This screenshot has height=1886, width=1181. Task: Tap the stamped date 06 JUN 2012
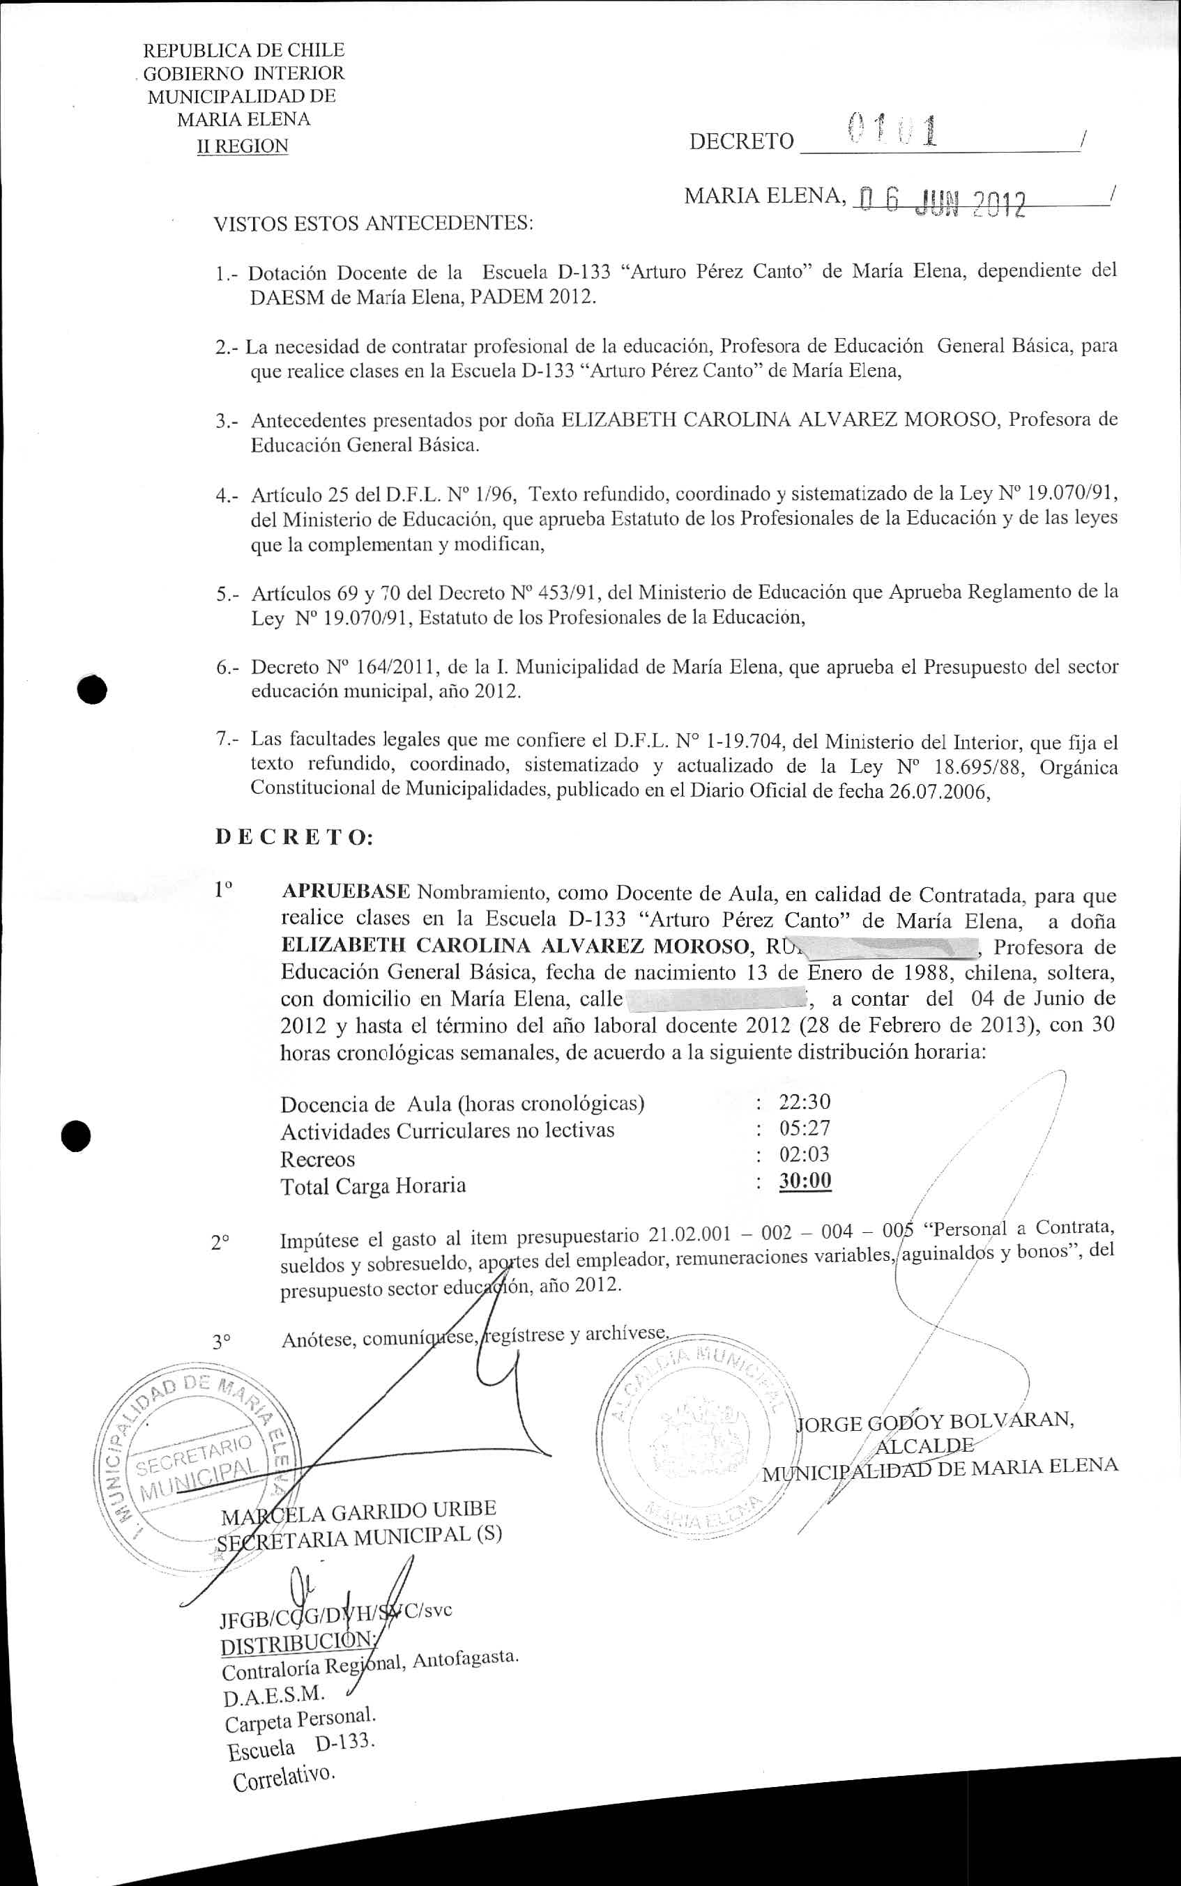940,202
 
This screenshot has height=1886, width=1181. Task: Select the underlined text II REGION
243,146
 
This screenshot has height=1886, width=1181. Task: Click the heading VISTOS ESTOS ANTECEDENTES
374,224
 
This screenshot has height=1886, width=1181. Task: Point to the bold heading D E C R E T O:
294,838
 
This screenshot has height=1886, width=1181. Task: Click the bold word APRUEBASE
345,891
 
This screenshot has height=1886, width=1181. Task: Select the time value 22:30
805,1102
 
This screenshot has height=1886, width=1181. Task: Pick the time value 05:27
805,1128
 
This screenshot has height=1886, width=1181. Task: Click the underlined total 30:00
805,1180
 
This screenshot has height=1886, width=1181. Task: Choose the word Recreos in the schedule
317,1159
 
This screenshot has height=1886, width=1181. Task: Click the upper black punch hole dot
93,689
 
